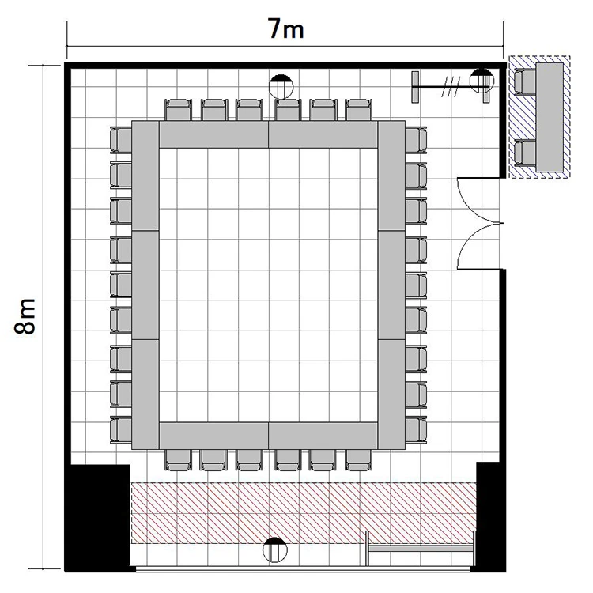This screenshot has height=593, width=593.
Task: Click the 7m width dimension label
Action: click(286, 28)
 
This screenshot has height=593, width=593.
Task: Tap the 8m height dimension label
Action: click(25, 316)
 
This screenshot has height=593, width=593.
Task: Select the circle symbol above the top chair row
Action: click(281, 87)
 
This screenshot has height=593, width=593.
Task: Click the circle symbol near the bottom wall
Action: click(275, 550)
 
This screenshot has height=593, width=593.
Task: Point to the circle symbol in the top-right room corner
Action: click(482, 81)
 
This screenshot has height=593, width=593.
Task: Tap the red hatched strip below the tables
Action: click(304, 513)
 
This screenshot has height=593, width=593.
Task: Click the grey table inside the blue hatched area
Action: click(550, 117)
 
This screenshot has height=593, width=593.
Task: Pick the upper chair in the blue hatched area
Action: click(525, 81)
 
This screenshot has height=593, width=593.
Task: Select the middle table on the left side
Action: click(145, 285)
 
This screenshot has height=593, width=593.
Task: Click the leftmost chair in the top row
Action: click(179, 110)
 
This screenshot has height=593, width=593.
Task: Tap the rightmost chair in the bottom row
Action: click(358, 460)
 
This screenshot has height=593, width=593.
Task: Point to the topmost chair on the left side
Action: click(121, 140)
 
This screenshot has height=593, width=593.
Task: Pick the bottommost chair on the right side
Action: click(416, 430)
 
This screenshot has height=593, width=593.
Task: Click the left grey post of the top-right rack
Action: click(415, 87)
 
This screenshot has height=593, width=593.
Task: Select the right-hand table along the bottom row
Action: click(323, 436)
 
